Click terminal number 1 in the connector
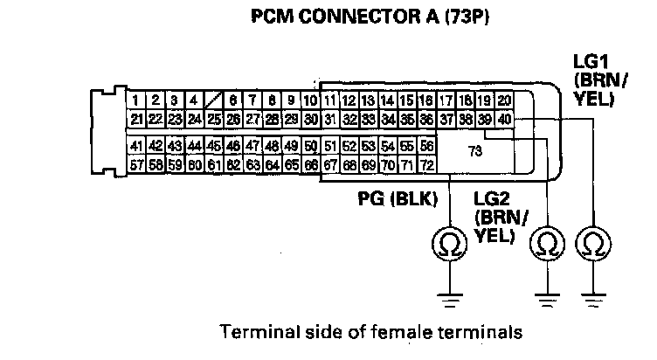(136, 101)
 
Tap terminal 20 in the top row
(504, 101)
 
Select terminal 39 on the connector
(486, 119)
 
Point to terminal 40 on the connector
(505, 119)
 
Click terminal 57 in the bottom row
(136, 163)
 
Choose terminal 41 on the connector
(136, 145)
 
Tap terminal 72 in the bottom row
(427, 163)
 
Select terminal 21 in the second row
(136, 119)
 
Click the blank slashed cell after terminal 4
(212, 101)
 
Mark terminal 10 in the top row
(309, 101)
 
